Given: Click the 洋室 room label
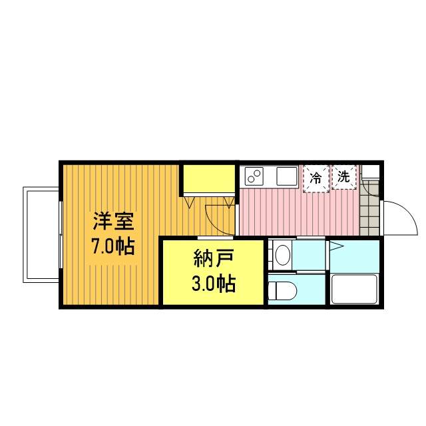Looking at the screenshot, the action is tap(114, 221).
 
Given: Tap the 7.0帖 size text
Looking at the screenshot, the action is tap(114, 246).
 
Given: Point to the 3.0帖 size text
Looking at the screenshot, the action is tap(214, 284).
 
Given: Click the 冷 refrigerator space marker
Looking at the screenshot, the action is tap(316, 178).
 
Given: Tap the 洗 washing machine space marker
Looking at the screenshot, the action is tap(344, 177).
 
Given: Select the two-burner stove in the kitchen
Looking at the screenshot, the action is tap(254, 176).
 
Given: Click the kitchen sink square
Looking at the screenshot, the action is tap(287, 176).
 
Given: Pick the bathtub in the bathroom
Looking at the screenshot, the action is tap(355, 289).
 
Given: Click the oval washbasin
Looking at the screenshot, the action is tap(283, 255).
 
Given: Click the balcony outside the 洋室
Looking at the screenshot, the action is tap(41, 235).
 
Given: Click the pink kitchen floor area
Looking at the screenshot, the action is tap(299, 212).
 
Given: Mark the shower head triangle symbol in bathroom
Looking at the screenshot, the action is tap(336, 246).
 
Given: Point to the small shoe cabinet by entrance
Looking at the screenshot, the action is tap(370, 172).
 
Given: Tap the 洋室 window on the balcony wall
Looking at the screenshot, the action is tap(61, 235).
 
